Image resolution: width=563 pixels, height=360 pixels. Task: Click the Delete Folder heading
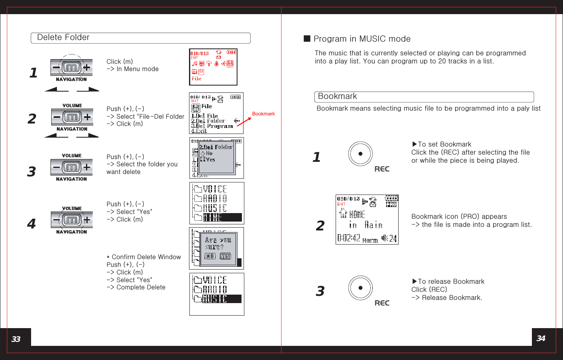tap(63, 38)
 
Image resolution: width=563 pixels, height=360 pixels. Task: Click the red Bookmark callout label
tap(263, 114)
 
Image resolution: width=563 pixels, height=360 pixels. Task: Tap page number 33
tap(16, 339)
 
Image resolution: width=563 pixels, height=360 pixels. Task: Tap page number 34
tap(541, 338)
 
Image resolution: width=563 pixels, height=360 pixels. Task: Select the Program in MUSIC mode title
tap(362, 39)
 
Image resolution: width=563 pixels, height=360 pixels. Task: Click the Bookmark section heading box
tap(424, 97)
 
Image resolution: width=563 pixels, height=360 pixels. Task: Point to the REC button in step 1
tap(360, 154)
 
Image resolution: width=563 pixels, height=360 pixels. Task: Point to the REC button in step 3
tap(360, 288)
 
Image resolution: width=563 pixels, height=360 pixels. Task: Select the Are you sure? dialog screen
tap(216, 248)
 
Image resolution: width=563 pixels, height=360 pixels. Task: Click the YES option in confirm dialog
tap(225, 256)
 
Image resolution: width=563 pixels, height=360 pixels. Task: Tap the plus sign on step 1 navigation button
tap(86, 68)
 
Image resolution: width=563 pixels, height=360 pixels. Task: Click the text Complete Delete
tap(141, 287)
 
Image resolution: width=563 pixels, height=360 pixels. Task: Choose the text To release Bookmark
tap(451, 282)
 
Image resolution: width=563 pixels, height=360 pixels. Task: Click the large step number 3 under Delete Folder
tap(32, 172)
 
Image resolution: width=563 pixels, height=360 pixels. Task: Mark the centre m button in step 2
tap(72, 117)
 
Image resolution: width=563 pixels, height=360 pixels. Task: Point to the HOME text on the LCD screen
tap(357, 214)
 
